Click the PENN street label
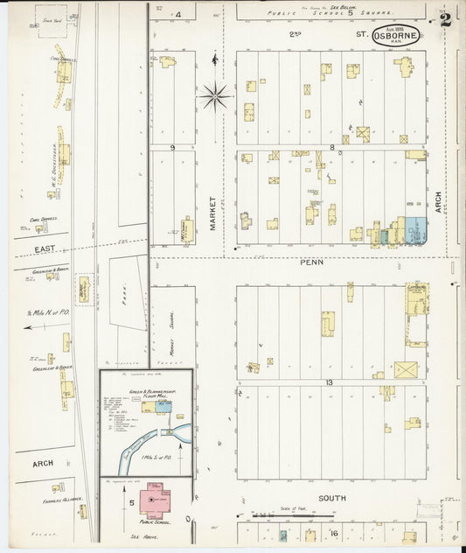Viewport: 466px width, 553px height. [x=312, y=262]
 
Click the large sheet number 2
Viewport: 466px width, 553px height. [x=446, y=19]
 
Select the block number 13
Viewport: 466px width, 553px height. [x=330, y=383]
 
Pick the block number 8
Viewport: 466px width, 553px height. [x=332, y=147]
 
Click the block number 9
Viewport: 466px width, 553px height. [x=173, y=148]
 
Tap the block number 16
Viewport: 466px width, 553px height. [x=333, y=532]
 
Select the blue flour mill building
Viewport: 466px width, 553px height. [x=162, y=407]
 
